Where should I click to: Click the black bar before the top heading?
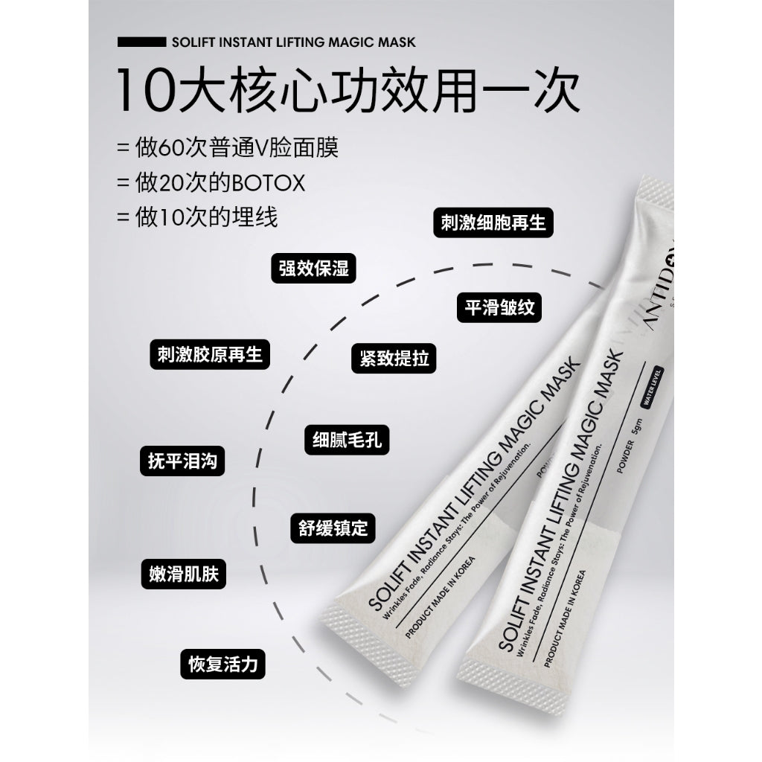pos(141,42)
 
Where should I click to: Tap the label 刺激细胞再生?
pos(493,222)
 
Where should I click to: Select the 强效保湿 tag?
pos(314,268)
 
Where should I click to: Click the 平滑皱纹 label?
pos(499,308)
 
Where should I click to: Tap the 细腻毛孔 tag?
pos(348,440)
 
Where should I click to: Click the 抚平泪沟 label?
pos(182,461)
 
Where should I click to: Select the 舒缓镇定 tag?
pos(328,528)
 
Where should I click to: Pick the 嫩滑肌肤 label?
pos(183,574)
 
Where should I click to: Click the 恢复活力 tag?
pos(223,664)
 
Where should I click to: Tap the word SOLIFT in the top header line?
pos(193,42)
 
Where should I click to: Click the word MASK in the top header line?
pos(397,42)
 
